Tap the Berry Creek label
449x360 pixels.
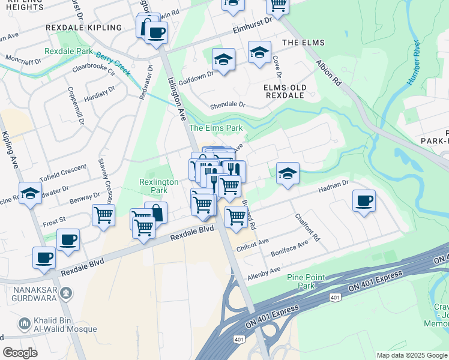click(113, 65)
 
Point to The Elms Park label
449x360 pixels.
click(216, 128)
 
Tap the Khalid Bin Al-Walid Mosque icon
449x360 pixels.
click(25, 324)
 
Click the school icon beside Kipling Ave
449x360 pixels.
click(29, 193)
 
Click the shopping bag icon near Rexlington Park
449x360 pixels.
click(156, 212)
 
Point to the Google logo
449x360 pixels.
click(20, 353)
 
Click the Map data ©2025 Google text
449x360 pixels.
click(411, 355)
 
